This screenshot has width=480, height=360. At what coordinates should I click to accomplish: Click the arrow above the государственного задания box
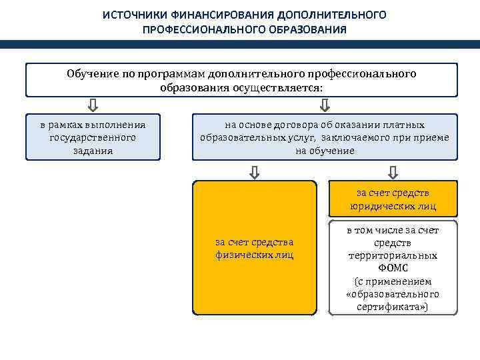coord(93,105)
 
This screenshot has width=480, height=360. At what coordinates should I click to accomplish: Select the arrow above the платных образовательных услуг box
coord(325,105)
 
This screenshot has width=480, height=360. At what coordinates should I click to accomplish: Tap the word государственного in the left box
coord(93,137)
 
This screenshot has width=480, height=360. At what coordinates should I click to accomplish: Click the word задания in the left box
coord(93,151)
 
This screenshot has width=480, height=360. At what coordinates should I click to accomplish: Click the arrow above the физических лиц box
coord(255,172)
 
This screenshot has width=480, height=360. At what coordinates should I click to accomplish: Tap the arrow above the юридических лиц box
coord(393,172)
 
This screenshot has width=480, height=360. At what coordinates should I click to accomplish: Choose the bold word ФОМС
coord(393,268)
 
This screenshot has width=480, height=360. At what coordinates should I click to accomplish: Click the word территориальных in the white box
coord(393,255)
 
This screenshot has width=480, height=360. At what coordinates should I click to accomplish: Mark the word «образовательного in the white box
coord(393,294)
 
